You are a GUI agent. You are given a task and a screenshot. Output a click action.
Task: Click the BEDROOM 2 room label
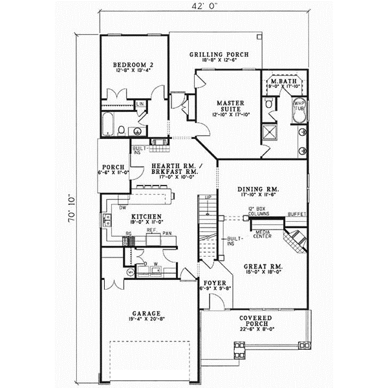click(132, 65)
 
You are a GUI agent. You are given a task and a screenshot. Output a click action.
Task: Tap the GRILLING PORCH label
click(217, 54)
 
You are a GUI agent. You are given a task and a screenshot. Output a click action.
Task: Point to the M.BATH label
click(285, 80)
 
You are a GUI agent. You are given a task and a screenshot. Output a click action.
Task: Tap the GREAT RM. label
click(261, 266)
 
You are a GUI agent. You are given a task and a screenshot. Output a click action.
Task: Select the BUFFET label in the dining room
click(297, 213)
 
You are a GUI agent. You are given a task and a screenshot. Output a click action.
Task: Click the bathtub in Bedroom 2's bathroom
click(109, 124)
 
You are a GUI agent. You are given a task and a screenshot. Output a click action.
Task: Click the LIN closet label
click(140, 103)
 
